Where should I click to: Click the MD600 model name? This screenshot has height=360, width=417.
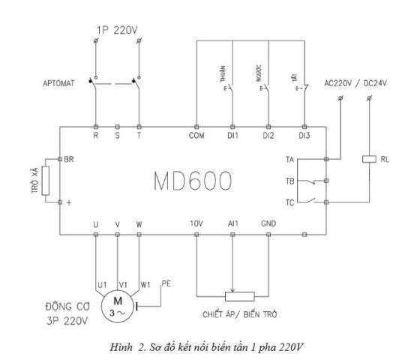(x=193, y=181)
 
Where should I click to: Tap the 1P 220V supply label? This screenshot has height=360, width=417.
(x=117, y=30)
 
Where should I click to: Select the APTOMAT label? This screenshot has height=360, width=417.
(x=58, y=83)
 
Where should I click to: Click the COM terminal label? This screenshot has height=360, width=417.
(x=196, y=136)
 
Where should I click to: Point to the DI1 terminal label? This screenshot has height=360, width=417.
(x=232, y=136)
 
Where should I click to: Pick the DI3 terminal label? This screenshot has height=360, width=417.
(x=304, y=136)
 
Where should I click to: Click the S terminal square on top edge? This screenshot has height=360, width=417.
(x=117, y=127)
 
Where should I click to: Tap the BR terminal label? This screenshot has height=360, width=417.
(x=69, y=159)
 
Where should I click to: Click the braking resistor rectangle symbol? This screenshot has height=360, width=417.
(x=46, y=181)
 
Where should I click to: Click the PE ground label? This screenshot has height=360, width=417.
(x=166, y=283)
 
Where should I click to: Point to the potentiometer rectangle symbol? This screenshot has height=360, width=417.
(x=239, y=296)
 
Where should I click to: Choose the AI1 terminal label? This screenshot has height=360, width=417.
(x=233, y=223)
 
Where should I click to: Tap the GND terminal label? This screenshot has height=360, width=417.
(x=268, y=223)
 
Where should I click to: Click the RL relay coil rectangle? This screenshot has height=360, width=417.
(x=369, y=159)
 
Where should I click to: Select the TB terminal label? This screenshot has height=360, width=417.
(x=290, y=181)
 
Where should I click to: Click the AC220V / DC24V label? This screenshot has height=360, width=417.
(x=355, y=83)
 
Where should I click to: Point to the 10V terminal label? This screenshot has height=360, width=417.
(x=196, y=223)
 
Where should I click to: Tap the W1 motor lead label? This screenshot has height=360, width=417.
(x=145, y=285)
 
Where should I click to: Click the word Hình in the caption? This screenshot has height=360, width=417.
(x=121, y=347)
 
